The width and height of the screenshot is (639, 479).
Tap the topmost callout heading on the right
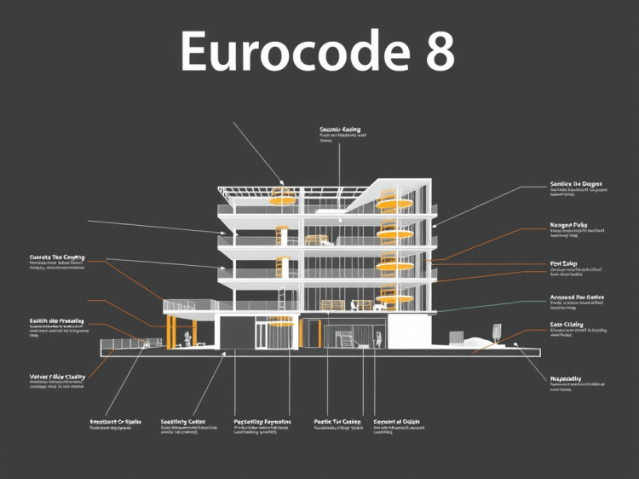576,184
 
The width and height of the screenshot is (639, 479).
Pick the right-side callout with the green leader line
577,298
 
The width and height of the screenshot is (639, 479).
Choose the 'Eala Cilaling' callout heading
567,325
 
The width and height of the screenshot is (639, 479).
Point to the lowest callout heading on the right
566,378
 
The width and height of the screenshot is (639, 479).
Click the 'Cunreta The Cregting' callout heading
57,257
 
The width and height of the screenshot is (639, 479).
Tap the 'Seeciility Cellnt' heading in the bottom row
182,422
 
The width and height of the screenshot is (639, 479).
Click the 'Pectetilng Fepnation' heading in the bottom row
262,422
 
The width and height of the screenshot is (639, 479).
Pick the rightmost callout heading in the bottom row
397,422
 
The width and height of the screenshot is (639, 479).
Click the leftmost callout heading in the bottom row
114,422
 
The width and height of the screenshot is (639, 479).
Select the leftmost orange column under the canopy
170,332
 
